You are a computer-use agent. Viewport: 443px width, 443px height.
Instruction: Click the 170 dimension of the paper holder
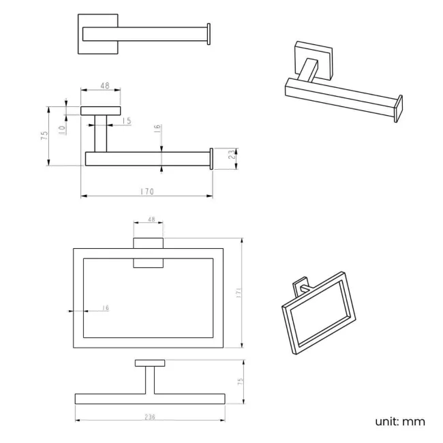pos(147,192)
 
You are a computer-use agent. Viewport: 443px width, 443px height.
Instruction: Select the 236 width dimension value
pos(150,417)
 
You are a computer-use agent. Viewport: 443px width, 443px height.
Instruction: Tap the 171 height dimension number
pos(239,293)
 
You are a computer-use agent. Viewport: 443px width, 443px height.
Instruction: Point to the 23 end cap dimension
pos(232,154)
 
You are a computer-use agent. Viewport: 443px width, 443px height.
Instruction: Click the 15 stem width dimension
pos(127,121)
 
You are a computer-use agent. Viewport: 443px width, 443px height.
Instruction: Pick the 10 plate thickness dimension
pos(62,129)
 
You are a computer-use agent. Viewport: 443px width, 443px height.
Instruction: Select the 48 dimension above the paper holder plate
pos(105,85)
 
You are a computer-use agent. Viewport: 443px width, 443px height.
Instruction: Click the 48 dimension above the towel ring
pos(151,219)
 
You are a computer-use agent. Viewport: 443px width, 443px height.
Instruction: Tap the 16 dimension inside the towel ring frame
pos(106,307)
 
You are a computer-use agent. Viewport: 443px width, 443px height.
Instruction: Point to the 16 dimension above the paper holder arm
pos(157,129)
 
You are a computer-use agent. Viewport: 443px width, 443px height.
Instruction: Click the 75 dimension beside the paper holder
pos(44,136)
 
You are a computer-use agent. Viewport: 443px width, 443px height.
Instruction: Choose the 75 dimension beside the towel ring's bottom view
pos(240,382)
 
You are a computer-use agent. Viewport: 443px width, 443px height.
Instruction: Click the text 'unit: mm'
pos(400,421)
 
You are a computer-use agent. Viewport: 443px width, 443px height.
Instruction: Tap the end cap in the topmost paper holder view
pos(209,34)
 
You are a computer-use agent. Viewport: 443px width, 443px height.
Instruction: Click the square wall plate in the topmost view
pos(97,34)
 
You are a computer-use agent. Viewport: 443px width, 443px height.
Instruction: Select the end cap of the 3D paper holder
pos(399,109)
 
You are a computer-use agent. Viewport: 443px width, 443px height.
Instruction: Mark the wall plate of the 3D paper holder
pos(314,59)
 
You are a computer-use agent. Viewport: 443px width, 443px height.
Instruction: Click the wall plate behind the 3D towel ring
pos(301,286)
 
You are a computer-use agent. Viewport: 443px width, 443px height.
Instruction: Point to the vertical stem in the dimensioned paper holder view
pos(101,134)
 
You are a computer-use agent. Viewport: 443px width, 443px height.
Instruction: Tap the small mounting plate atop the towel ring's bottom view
pos(150,363)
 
